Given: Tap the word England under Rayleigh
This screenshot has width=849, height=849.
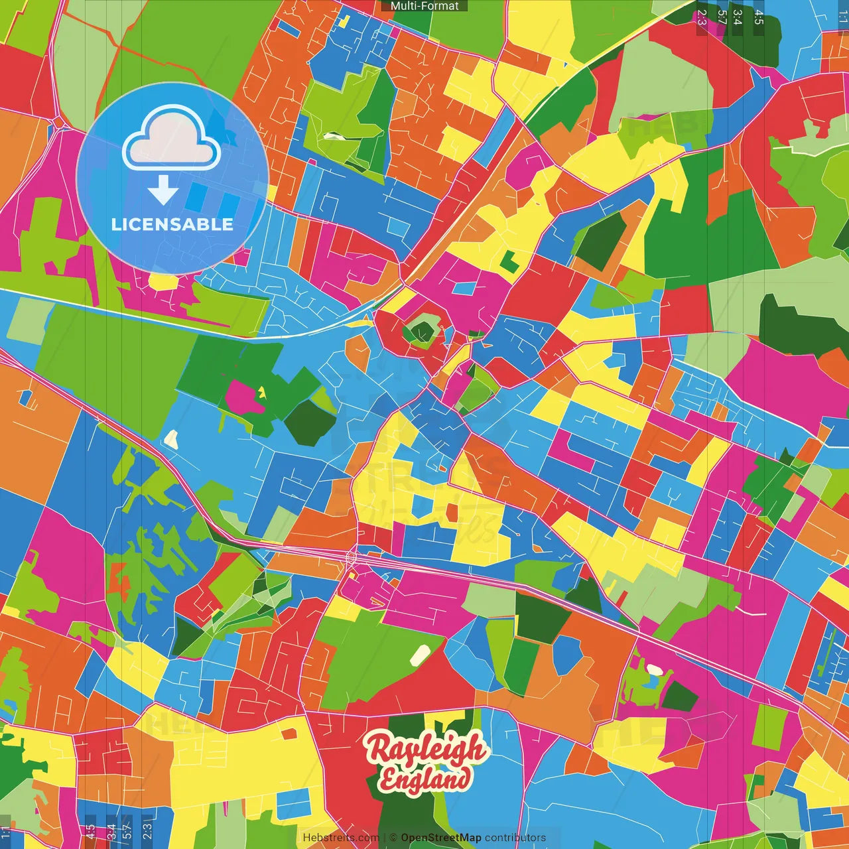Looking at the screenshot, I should (x=424, y=779).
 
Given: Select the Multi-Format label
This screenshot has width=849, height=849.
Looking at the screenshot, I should (x=424, y=6).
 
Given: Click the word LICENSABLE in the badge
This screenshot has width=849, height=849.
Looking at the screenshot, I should (x=172, y=224).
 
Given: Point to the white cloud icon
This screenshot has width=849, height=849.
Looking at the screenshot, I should (x=172, y=140).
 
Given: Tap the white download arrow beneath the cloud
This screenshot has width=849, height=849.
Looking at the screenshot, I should (x=163, y=190).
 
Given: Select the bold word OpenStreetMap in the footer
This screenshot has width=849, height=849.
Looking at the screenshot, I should (x=440, y=838).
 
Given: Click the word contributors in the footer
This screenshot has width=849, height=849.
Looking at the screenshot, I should (x=515, y=838).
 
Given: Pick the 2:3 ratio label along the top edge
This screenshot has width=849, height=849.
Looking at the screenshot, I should (x=702, y=17).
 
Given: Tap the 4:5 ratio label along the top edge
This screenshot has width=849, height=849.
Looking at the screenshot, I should (x=759, y=17).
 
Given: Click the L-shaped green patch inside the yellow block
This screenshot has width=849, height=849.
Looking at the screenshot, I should (x=509, y=261).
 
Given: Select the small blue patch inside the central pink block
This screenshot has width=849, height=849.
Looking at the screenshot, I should (x=466, y=289).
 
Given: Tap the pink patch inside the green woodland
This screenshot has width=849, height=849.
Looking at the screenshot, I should (x=241, y=396).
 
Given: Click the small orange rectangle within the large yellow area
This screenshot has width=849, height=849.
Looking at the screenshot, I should (x=289, y=734).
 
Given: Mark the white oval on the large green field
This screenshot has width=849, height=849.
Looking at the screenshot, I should (x=419, y=655).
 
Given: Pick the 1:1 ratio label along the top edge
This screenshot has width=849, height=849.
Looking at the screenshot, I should (x=842, y=17).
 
